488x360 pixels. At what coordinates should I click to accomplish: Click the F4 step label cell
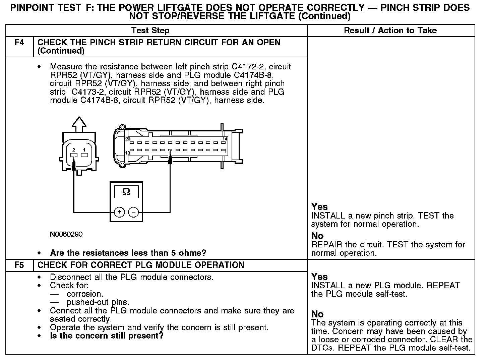pyautogui.click(x=19, y=43)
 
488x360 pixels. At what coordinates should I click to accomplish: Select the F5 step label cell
pyautogui.click(x=19, y=265)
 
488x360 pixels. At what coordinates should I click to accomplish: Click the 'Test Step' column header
pyautogui.click(x=150, y=31)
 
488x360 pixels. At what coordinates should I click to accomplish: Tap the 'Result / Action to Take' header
pyautogui.click(x=390, y=31)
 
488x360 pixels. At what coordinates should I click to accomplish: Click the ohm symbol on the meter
pyautogui.click(x=126, y=191)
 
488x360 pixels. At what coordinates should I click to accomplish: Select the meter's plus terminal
pyautogui.click(x=119, y=212)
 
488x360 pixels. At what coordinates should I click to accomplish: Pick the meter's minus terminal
pyautogui.click(x=134, y=212)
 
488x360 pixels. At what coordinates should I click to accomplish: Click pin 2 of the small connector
pyautogui.click(x=74, y=155)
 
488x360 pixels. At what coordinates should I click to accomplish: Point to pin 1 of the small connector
pyautogui.click(x=84, y=155)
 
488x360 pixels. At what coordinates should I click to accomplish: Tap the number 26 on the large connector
pyautogui.click(x=128, y=139)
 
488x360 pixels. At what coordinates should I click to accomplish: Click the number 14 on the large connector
pyautogui.click(x=225, y=139)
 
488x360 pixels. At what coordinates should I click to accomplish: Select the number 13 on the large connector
pyautogui.click(x=128, y=153)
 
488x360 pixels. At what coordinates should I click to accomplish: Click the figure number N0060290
pyautogui.click(x=66, y=234)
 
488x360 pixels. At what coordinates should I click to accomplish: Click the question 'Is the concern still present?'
pyautogui.click(x=107, y=336)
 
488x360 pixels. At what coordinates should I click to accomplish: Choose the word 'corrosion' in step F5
pyautogui.click(x=85, y=294)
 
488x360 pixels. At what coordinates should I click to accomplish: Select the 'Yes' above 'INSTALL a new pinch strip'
pyautogui.click(x=319, y=207)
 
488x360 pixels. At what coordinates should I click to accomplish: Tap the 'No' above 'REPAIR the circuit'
pyautogui.click(x=317, y=236)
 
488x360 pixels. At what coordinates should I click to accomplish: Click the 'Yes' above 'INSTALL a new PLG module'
pyautogui.click(x=319, y=277)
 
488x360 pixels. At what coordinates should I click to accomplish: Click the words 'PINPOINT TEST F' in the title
pyautogui.click(x=46, y=8)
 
